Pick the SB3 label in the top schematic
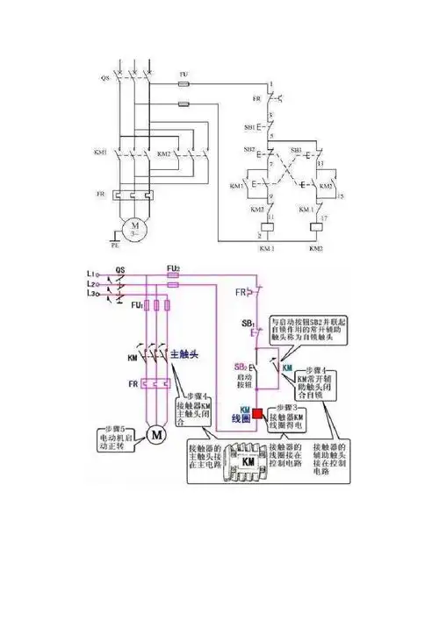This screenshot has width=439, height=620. [297, 150]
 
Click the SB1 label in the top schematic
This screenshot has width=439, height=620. [249, 128]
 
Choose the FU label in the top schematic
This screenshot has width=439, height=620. [184, 75]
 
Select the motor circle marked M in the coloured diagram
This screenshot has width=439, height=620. [155, 434]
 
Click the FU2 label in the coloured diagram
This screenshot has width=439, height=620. [173, 267]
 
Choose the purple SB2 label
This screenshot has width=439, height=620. [240, 367]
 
